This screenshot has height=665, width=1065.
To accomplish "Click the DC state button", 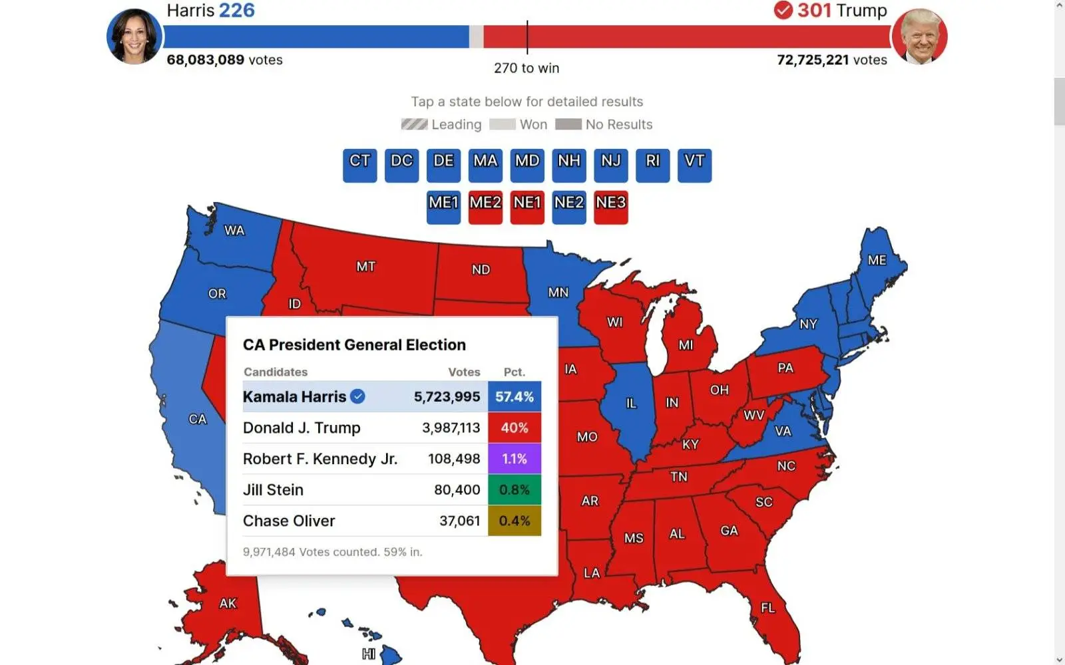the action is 401,165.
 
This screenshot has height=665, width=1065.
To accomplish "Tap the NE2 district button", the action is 569,207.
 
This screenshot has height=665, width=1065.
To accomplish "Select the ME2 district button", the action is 485,207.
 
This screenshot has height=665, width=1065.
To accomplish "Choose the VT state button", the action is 694,165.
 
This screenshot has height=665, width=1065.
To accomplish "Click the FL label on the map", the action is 767,608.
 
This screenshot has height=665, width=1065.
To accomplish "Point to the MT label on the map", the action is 365,267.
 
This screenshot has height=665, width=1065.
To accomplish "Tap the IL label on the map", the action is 631,403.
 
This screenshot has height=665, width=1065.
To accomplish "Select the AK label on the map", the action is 228,603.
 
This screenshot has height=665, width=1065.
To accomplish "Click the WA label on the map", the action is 234,230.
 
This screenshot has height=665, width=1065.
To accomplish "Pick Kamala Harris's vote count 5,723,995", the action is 447,397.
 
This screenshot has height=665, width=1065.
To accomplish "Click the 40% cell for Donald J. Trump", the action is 515,428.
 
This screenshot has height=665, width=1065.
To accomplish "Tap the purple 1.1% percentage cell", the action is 515,459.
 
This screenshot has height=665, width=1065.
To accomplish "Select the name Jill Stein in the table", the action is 273,490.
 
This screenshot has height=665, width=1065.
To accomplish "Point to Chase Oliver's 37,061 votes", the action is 459,521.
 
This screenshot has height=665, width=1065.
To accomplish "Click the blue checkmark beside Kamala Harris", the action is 358,396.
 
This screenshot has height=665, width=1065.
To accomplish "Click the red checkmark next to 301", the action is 783,10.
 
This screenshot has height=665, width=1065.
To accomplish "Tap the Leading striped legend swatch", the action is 414,124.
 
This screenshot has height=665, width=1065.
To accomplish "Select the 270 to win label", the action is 527,68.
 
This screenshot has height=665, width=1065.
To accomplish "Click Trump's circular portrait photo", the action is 919,37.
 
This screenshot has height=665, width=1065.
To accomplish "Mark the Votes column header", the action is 464,372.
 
